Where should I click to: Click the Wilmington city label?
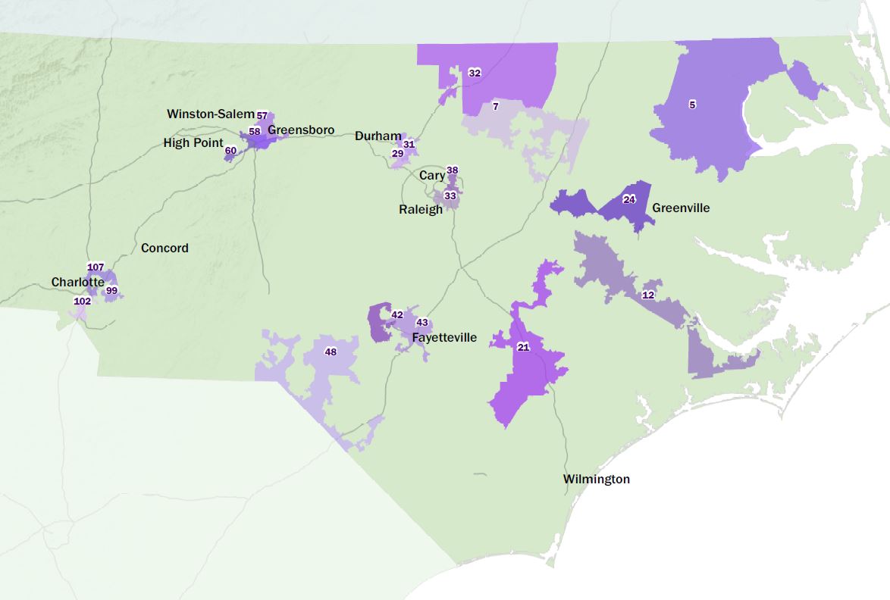coord(596,479)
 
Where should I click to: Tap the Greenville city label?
coord(681,208)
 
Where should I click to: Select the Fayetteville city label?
coord(444,337)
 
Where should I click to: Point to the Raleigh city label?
coord(421,209)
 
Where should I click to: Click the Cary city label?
coord(432,176)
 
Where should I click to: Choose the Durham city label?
coord(378,136)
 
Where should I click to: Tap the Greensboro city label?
coord(301,130)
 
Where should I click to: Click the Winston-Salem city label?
coord(211,114)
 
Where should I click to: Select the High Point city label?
coord(193,142)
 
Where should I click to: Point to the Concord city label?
coord(165,248)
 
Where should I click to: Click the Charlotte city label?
coord(77,282)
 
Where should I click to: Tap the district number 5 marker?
coord(692,105)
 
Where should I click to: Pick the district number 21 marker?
coord(523,347)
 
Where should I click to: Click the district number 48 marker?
coord(331,352)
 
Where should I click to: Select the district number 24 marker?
coord(628,200)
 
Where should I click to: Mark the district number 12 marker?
coord(648,295)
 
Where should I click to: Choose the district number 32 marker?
coord(475,73)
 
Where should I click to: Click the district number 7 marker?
coord(495,107)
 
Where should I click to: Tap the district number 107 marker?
coord(96,267)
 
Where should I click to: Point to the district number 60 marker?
coord(230,151)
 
